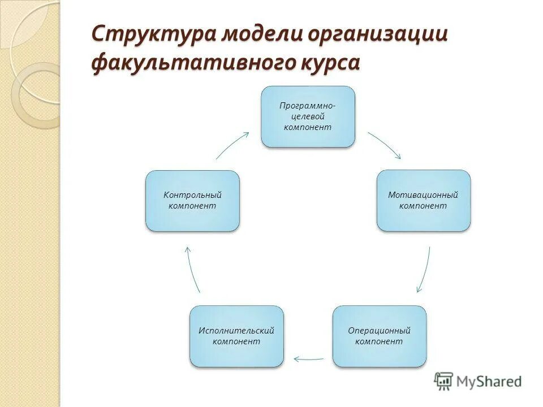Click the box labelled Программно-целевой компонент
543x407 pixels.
(x=308, y=116)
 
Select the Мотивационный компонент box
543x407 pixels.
(x=424, y=200)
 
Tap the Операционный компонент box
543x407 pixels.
(x=379, y=336)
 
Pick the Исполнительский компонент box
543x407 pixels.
(x=236, y=336)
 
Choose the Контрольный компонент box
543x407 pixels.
(x=192, y=200)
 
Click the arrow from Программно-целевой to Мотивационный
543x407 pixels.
(x=385, y=145)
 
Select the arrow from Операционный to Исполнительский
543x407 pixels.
(x=308, y=358)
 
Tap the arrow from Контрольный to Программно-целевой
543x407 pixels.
(x=232, y=145)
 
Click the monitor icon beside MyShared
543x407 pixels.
(x=443, y=381)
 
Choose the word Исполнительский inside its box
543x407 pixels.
(x=236, y=330)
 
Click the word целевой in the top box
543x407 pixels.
(x=307, y=116)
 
